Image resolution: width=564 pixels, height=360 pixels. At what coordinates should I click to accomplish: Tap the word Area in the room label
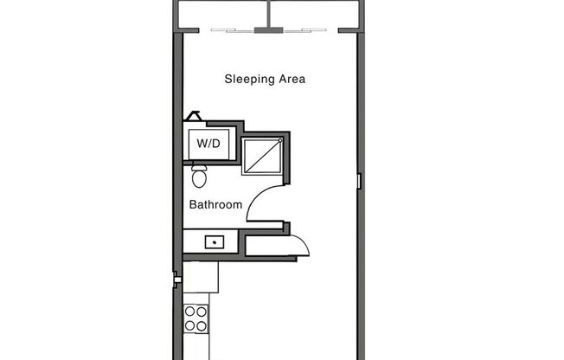(292, 80)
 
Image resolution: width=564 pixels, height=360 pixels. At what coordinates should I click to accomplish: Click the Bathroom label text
(215, 205)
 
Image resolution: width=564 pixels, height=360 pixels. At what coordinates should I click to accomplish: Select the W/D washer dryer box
(208, 143)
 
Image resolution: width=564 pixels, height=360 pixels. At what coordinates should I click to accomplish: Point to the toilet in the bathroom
(200, 177)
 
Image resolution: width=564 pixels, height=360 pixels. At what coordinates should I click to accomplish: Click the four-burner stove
(196, 318)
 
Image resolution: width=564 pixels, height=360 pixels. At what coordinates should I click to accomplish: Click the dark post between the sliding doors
(268, 30)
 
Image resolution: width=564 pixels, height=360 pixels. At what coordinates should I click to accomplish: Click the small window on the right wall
(359, 181)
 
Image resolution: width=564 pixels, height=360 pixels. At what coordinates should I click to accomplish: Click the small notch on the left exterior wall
(176, 279)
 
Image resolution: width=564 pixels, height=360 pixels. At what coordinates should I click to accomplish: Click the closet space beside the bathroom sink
(264, 245)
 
